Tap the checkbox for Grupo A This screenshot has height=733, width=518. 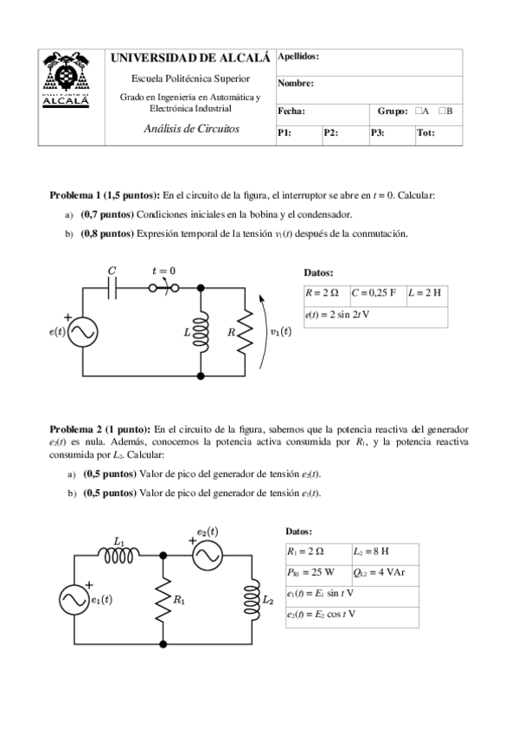[x=418, y=112]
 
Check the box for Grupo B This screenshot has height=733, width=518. [x=442, y=112]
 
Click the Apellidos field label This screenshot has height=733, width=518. [x=298, y=56]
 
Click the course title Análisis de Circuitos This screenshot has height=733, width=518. [x=191, y=129]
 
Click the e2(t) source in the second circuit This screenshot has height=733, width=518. [x=208, y=558]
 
